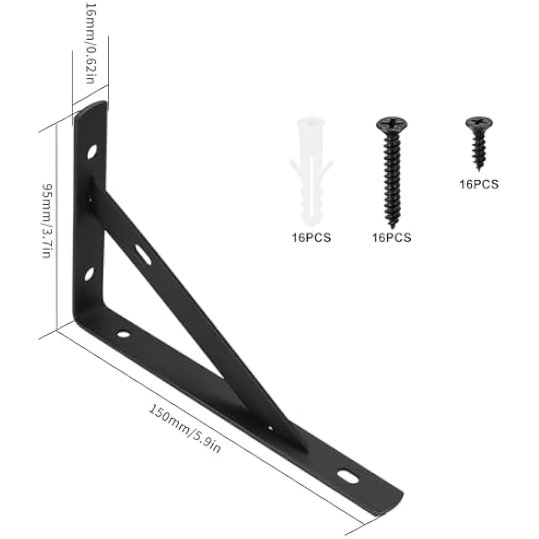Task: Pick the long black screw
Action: point(392,172)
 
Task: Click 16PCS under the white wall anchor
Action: point(311,238)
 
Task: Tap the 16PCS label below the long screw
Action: point(392,238)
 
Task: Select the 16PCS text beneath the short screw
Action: point(479,184)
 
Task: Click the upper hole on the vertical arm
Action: point(92,152)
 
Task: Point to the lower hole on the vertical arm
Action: point(89,274)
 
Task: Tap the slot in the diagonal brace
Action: point(143,254)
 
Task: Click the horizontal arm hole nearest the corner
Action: point(122,335)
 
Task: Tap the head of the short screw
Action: point(479,122)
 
